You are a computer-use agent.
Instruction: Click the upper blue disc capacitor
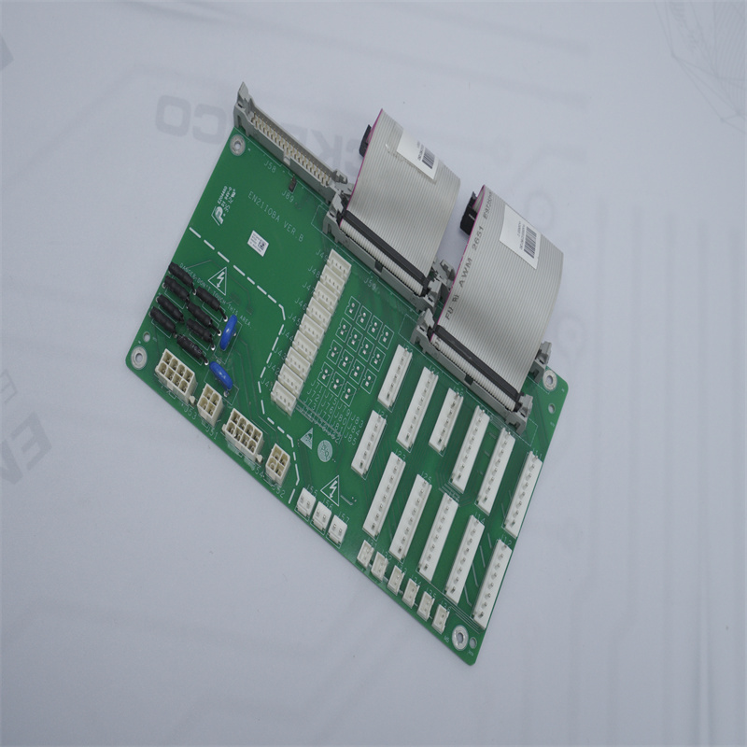click(x=228, y=332)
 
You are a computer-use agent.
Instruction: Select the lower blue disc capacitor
click(x=221, y=375)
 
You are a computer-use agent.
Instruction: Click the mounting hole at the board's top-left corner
click(x=237, y=145)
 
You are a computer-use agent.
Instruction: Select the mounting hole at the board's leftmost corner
click(x=139, y=356)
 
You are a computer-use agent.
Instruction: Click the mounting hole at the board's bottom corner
click(x=458, y=637)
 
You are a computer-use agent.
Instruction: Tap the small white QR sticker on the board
click(x=259, y=241)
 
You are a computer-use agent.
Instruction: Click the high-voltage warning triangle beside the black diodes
click(x=221, y=278)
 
